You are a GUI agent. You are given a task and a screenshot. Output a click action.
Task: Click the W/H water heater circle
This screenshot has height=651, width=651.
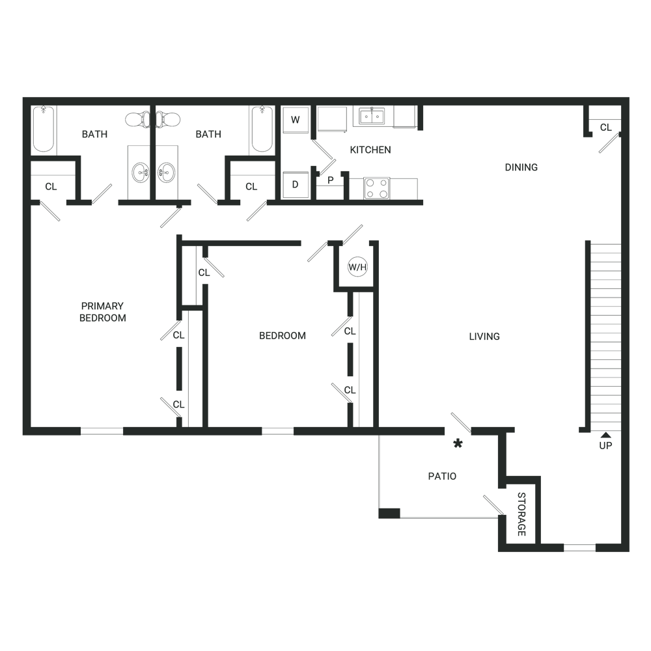(x=357, y=266)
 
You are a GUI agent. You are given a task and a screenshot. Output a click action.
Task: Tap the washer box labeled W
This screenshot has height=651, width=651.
(x=295, y=120)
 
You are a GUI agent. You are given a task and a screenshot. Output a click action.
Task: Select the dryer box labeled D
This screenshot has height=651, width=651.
(x=295, y=184)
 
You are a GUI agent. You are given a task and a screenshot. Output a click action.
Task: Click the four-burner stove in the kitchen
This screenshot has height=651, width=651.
(x=376, y=189)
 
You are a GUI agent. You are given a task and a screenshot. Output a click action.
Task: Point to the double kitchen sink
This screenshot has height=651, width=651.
(x=372, y=117)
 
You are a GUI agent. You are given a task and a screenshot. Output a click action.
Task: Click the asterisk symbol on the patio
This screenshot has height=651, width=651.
(x=458, y=444)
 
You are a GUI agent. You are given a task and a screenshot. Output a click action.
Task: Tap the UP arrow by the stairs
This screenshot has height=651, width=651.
(x=605, y=435)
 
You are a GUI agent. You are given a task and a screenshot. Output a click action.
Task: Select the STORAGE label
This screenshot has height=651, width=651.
(x=521, y=514)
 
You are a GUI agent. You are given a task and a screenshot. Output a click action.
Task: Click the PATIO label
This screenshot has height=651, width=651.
(x=442, y=477)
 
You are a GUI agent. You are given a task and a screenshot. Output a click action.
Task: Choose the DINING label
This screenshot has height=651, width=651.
(x=521, y=167)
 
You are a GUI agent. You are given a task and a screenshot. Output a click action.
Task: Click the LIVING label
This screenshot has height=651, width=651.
(x=484, y=337)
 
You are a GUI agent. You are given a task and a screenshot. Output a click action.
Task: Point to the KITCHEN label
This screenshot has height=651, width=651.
(x=370, y=150)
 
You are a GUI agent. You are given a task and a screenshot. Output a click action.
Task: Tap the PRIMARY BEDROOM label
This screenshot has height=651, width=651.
(x=103, y=312)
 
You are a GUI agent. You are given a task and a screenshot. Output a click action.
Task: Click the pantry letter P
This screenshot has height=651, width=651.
(x=331, y=180)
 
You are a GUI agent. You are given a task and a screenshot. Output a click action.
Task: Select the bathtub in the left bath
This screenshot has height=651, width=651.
(x=44, y=129)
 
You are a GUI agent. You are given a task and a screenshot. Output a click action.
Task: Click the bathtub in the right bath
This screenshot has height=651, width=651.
(x=262, y=129)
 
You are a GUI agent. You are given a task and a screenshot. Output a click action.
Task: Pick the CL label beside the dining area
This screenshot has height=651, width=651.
(x=605, y=128)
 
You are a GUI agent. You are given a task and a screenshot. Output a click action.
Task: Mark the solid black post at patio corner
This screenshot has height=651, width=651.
(x=389, y=513)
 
